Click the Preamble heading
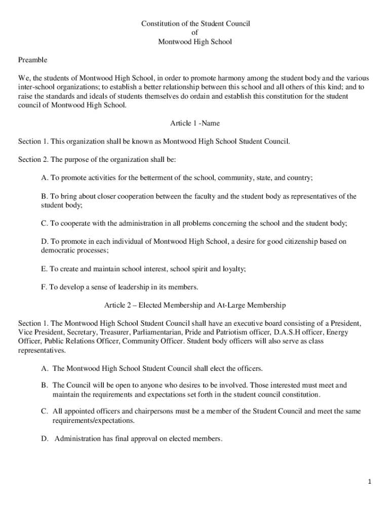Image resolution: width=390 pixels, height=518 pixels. click(x=33, y=60)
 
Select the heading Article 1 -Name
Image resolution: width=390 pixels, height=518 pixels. click(x=195, y=123)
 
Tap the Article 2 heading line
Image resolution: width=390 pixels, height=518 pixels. click(x=195, y=305)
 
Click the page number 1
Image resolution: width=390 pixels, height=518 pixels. click(x=370, y=482)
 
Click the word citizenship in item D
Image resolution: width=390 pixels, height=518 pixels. click(x=286, y=242)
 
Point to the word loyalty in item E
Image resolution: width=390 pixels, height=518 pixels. click(x=234, y=269)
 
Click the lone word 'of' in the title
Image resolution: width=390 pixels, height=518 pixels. click(x=195, y=33)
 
